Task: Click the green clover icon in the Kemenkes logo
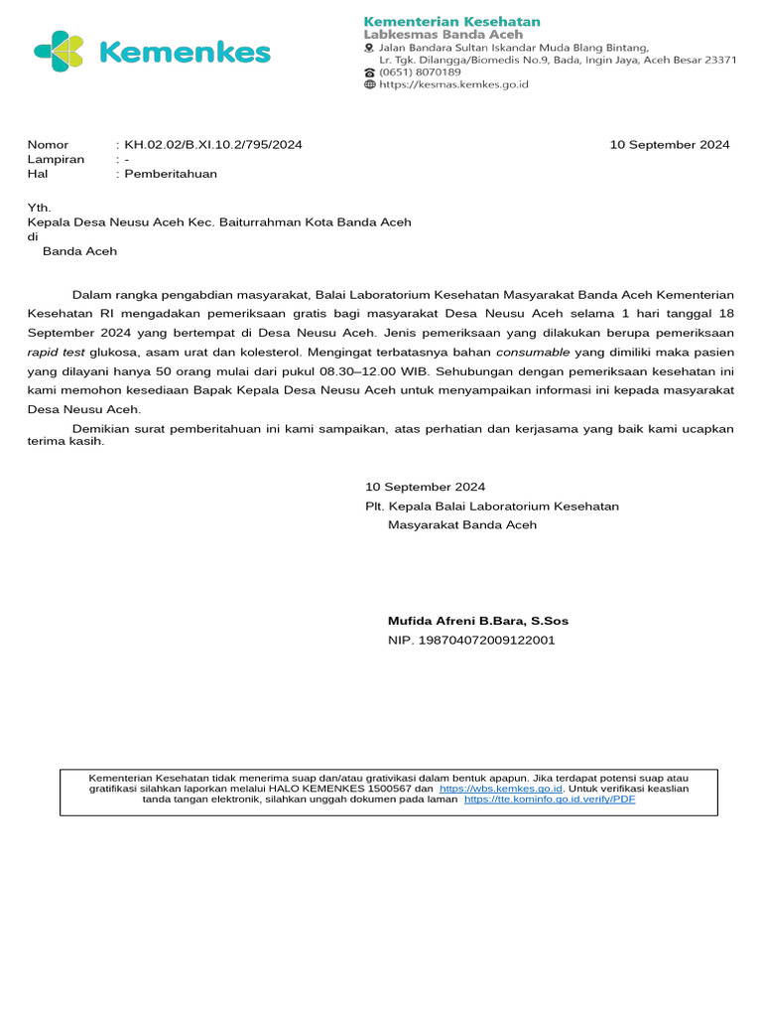60,52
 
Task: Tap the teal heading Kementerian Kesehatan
451,21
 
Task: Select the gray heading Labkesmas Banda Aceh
443,35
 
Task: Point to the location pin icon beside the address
370,48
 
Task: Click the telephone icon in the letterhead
370,73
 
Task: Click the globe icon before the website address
370,85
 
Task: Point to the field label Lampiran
56,159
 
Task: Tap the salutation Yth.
39,209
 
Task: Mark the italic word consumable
533,352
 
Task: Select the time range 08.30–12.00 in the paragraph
351,370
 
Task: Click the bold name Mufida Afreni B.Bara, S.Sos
478,621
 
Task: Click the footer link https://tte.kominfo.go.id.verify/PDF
550,799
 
